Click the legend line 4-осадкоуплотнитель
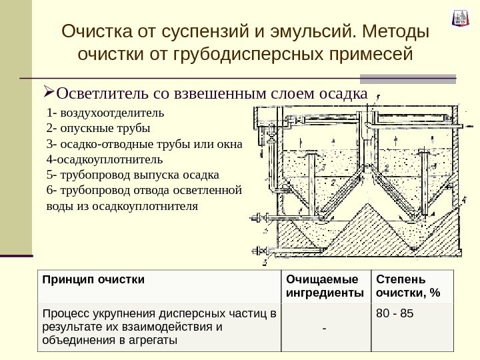104,160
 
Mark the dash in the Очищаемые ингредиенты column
325,327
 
